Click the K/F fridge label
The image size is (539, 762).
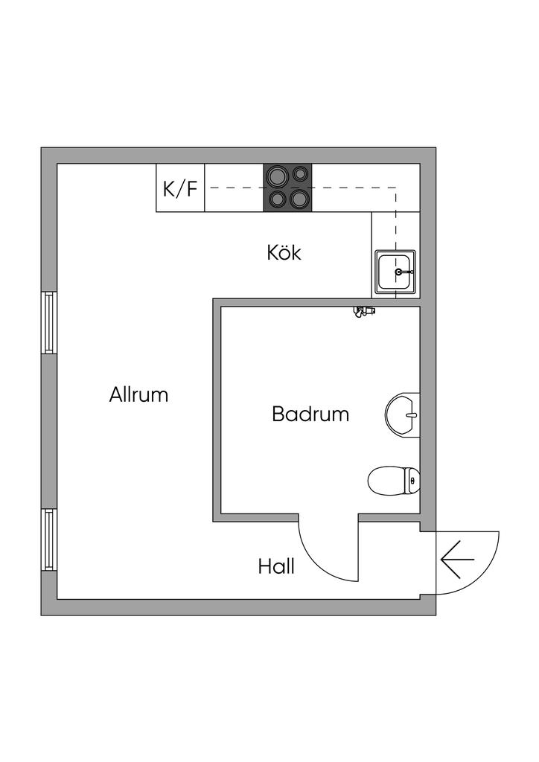click(x=180, y=188)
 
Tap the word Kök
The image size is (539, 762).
click(x=284, y=253)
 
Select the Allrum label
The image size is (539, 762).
click(x=138, y=394)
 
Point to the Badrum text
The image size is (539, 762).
click(x=310, y=414)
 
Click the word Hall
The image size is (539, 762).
click(x=276, y=567)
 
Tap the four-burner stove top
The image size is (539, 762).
click(x=289, y=188)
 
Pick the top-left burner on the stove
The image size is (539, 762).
click(x=278, y=176)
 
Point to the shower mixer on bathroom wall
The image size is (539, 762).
click(x=363, y=311)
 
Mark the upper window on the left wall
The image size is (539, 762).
click(x=49, y=321)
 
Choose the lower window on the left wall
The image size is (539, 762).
click(x=49, y=539)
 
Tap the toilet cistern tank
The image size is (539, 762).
click(x=412, y=480)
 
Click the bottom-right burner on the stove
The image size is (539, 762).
click(x=299, y=199)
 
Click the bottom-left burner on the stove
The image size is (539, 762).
click(x=277, y=199)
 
